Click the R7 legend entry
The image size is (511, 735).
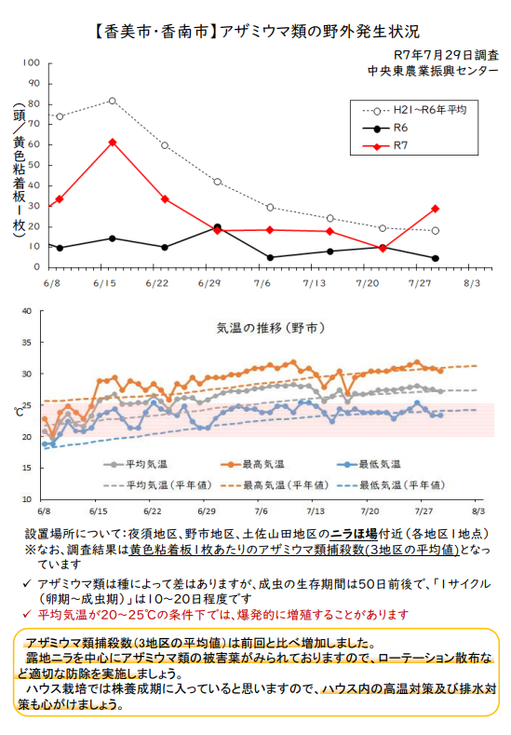click(385, 145)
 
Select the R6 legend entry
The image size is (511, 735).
click(385, 128)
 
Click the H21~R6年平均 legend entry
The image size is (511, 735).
click(414, 110)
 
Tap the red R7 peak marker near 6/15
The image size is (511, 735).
click(113, 142)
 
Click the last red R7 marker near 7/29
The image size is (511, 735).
click(435, 209)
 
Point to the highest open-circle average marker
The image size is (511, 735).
click(113, 101)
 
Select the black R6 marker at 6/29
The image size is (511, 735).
click(217, 227)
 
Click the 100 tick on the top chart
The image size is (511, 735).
click(32, 62)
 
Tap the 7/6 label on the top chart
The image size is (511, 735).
click(262, 283)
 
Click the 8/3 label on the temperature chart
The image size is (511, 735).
click(478, 510)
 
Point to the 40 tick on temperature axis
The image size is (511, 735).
click(27, 311)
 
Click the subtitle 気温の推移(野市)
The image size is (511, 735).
click(271, 328)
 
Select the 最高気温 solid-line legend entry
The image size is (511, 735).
click(252, 465)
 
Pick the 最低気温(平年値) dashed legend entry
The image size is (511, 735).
click(391, 485)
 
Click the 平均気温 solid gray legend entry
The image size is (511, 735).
click(135, 465)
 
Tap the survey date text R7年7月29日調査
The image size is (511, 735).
click(446, 55)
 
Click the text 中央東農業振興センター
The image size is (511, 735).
click(433, 71)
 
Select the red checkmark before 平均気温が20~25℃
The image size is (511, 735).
click(27, 614)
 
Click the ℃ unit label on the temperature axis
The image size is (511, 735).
click(20, 412)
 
